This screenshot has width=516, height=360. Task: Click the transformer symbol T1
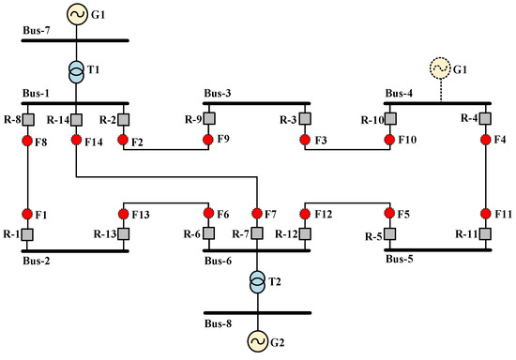tap(74, 72)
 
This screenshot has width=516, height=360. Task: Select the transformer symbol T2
tap(255, 282)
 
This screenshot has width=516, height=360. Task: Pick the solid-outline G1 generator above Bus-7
tap(74, 15)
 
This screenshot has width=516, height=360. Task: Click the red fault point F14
tap(74, 142)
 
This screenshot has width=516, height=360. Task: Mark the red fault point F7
tap(255, 213)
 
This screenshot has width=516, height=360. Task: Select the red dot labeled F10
tap(392, 142)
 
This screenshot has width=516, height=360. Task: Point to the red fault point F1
tap(28, 213)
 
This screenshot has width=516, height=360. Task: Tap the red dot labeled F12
tap(302, 213)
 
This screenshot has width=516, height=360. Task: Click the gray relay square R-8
tap(28, 120)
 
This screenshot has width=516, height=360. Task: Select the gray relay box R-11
tap(484, 233)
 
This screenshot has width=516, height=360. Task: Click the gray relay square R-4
tap(484, 120)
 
